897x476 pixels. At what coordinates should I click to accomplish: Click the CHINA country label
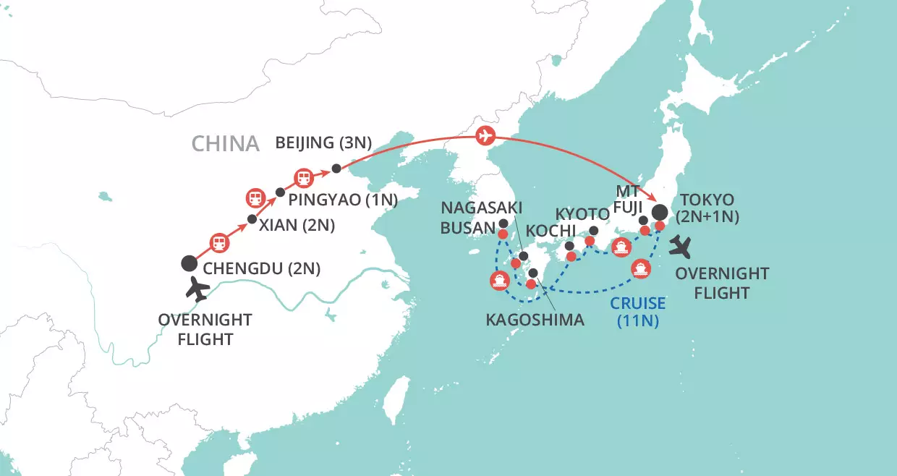[225, 143]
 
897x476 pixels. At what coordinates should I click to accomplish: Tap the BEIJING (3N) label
[323, 143]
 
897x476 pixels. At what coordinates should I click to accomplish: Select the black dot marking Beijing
[336, 169]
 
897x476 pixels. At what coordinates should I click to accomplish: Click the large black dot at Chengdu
[189, 263]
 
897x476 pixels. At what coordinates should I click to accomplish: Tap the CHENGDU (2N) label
[262, 269]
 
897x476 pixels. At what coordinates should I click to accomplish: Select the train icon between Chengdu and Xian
[218, 242]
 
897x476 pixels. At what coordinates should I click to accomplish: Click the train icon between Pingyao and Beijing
[302, 177]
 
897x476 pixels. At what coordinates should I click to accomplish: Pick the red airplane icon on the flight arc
[485, 135]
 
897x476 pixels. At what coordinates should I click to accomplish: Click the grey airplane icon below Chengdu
[197, 291]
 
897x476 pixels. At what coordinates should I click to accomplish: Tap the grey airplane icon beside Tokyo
[681, 247]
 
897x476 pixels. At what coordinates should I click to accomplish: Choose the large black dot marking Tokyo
[660, 212]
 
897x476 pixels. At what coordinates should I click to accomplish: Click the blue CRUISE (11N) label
[637, 313]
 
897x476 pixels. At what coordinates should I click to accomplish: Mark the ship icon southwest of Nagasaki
[499, 281]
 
